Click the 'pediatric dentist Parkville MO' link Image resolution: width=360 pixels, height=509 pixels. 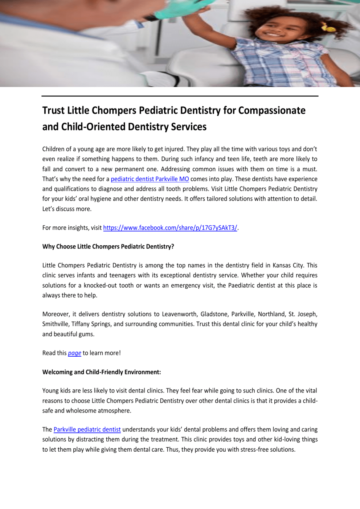pyautogui.click(x=150, y=179)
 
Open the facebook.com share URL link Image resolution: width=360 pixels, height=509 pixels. pyautogui.click(x=170, y=228)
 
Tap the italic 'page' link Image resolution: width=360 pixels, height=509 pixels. pyautogui.click(x=74, y=353)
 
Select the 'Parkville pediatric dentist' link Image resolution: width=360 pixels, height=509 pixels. pyautogui.click(x=87, y=430)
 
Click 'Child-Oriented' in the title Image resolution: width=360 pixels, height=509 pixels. pyautogui.click(x=93, y=127)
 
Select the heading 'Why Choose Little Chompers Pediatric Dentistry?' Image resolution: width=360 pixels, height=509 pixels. pyautogui.click(x=108, y=247)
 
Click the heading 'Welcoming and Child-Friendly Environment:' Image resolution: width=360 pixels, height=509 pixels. pyautogui.click(x=102, y=372)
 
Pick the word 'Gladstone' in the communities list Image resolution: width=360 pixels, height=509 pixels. pyautogui.click(x=214, y=314)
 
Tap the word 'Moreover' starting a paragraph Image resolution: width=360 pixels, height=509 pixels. pyautogui.click(x=56, y=314)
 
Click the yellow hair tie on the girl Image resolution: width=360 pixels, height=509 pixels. pyautogui.click(x=328, y=28)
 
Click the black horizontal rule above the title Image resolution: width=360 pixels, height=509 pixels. pyautogui.click(x=180, y=96)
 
